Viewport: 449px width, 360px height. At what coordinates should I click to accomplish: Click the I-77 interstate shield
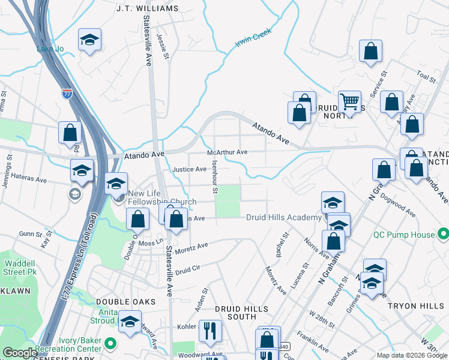[x=67, y=94]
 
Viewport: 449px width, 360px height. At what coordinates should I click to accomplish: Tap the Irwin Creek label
[x=253, y=38]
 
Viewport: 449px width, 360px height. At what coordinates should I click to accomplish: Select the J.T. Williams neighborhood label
[x=148, y=8]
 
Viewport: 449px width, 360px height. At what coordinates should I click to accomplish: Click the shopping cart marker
[x=349, y=101]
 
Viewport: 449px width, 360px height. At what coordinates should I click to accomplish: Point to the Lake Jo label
[x=50, y=49]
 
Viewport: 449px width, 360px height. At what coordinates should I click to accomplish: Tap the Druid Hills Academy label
[x=284, y=217]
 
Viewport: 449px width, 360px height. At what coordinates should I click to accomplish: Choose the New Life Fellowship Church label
[x=158, y=197]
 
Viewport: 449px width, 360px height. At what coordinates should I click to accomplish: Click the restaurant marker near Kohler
[x=210, y=330]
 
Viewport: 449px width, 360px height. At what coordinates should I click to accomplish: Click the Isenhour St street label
[x=214, y=177]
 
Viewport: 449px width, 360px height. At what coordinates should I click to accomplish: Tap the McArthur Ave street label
[x=227, y=152]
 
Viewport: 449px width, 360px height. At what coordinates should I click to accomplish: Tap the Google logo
[x=20, y=353]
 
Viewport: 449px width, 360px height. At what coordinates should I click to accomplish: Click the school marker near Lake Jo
[x=89, y=40]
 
